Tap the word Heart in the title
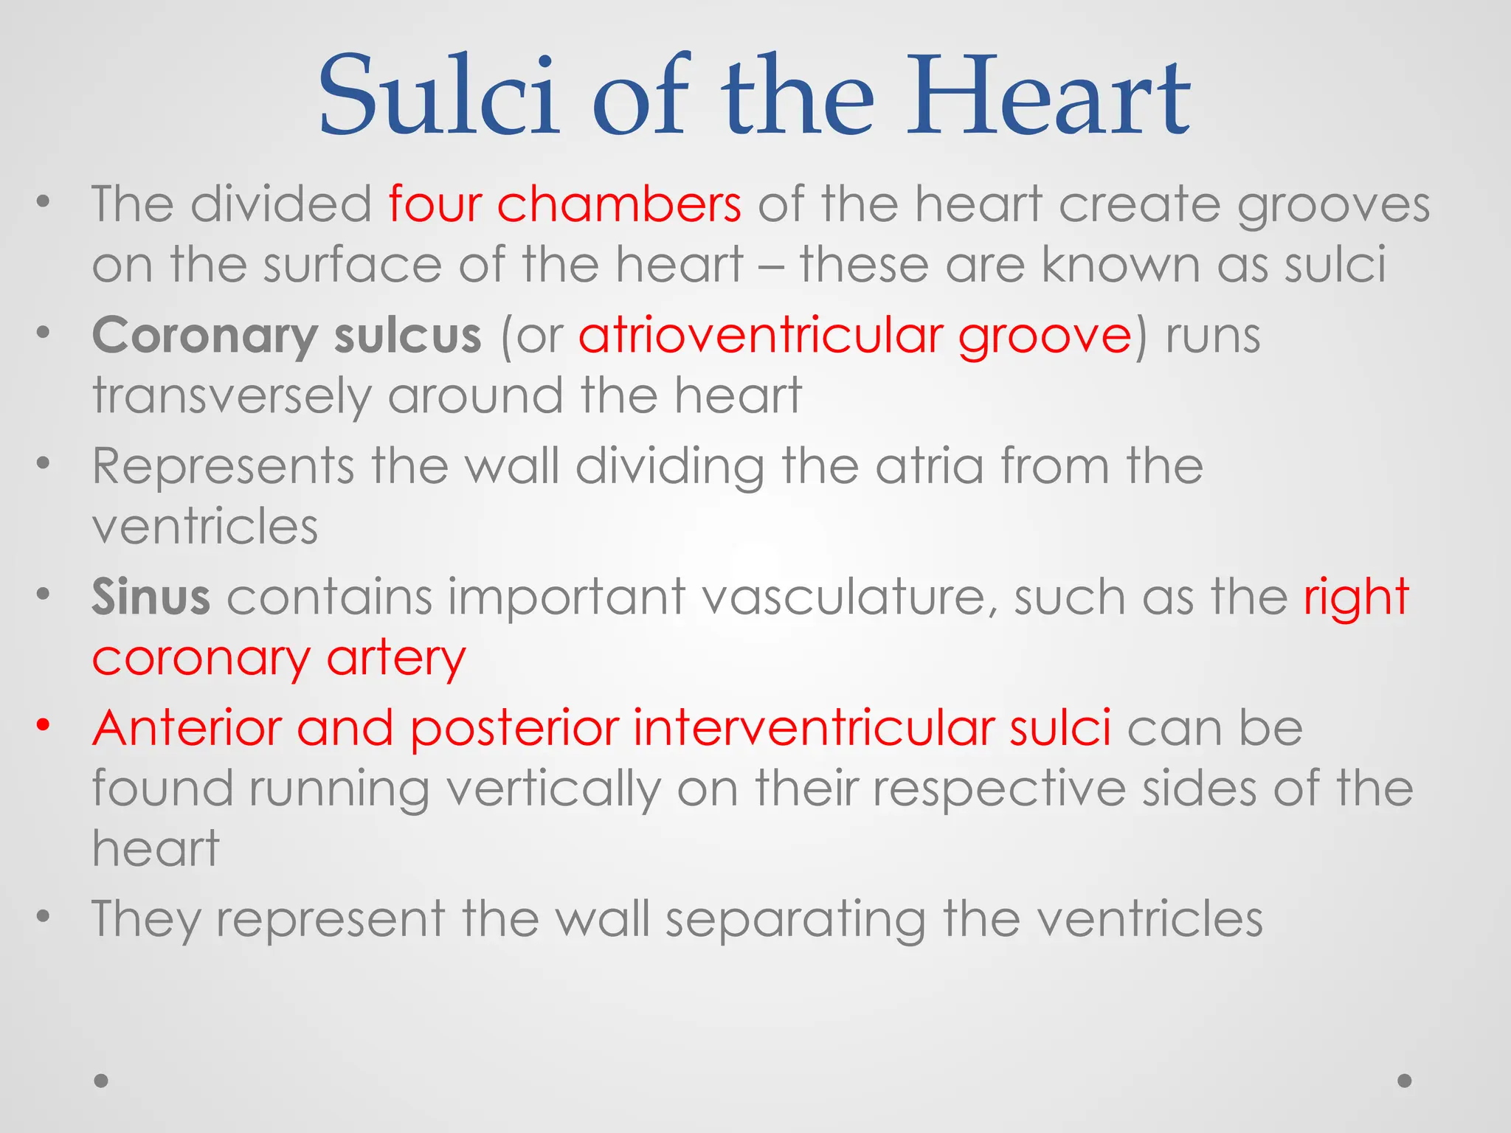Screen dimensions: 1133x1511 coord(1048,96)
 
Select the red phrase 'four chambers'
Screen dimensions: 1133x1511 coord(564,204)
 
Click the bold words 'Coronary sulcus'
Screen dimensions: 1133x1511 coord(286,336)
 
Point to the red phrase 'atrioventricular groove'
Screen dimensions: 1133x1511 coord(855,336)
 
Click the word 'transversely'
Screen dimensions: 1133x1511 coord(231,397)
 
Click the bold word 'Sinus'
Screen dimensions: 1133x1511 coord(151,597)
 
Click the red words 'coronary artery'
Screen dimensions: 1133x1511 coord(279,658)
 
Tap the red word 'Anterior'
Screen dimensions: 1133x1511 coord(187,728)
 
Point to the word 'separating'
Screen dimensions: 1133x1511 coord(795,920)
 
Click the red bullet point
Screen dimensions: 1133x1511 coord(44,725)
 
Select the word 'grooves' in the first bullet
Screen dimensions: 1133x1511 coord(1333,204)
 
